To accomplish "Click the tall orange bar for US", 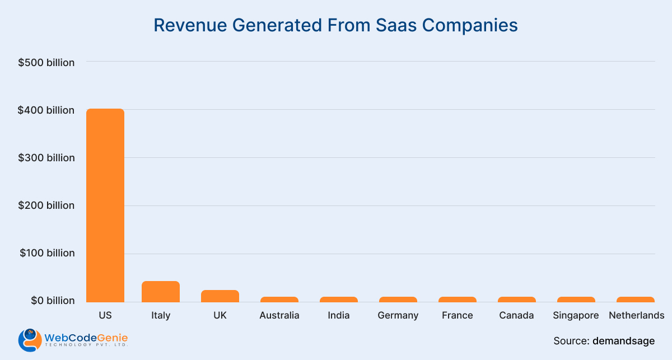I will [x=105, y=205].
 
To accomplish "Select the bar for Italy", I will [x=161, y=291].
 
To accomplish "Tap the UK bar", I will [x=220, y=296].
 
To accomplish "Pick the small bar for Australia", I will [x=279, y=299].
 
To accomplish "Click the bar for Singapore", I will [x=576, y=299].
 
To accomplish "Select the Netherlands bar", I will [x=636, y=299].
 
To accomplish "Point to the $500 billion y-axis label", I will [x=46, y=63].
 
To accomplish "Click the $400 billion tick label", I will [x=46, y=110].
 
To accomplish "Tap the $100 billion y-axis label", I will [x=47, y=253].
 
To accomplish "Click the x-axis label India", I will [x=339, y=315].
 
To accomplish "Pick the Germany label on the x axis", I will [x=398, y=315].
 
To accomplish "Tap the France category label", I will [x=458, y=315].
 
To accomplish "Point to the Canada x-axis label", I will [x=517, y=315].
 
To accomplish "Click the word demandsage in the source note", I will [x=624, y=340].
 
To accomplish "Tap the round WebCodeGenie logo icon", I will [x=29, y=339].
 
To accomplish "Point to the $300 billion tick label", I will [x=46, y=158].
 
